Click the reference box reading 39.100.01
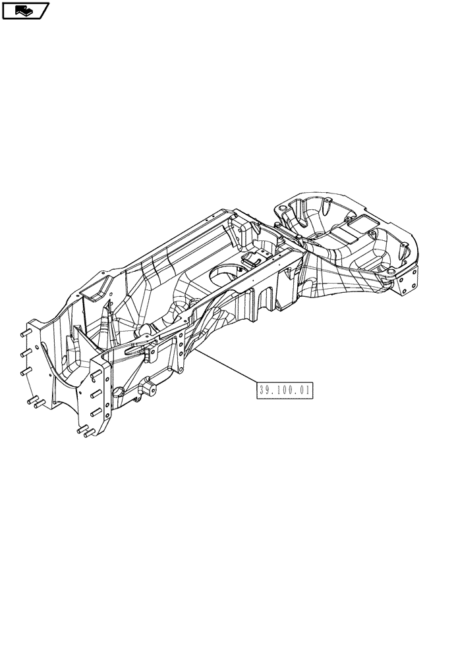[284, 390]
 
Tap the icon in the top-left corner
[26, 10]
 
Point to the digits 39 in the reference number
[265, 390]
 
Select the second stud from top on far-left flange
[24, 354]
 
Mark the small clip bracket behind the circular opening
[256, 260]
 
